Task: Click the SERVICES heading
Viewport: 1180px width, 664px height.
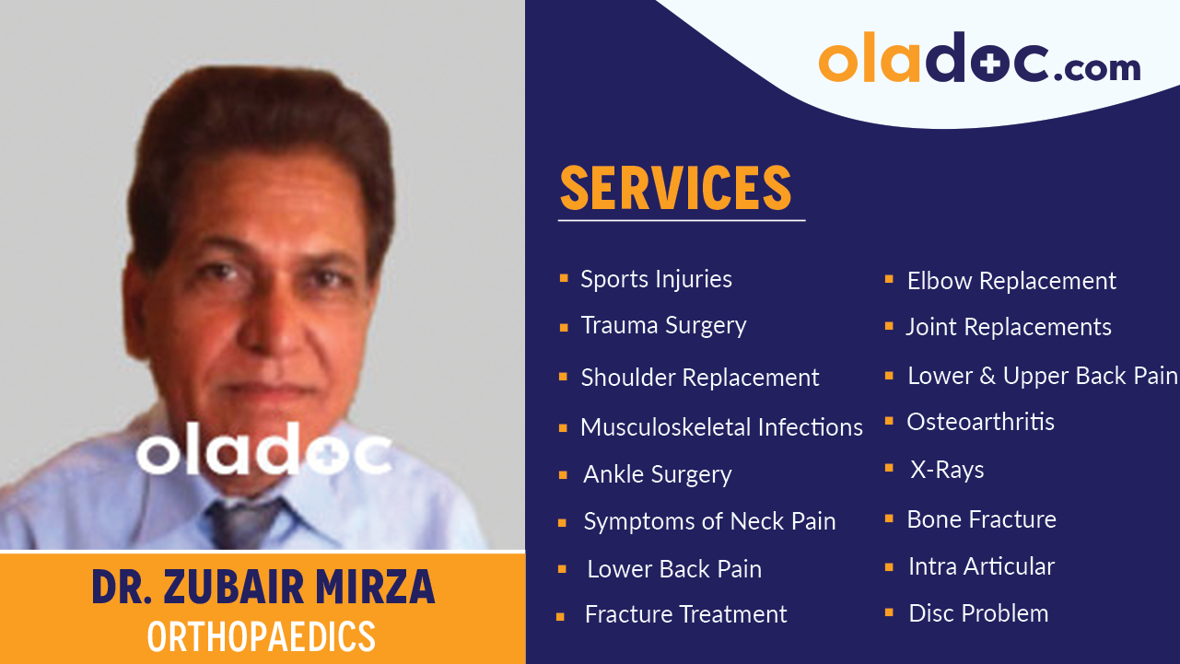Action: (x=675, y=188)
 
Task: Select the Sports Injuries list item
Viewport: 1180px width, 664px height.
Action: (x=656, y=279)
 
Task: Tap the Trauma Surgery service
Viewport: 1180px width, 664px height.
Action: (x=663, y=325)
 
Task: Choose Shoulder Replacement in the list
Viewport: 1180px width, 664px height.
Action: (x=699, y=378)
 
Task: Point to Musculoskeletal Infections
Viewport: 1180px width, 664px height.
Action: (x=721, y=427)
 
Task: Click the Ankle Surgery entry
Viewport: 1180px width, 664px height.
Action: (x=657, y=474)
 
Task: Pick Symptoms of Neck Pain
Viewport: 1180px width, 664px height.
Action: (x=709, y=521)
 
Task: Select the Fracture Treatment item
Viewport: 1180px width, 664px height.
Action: (x=685, y=614)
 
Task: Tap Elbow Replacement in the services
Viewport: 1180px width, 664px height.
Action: (x=1011, y=281)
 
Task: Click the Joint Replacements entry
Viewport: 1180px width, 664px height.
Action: (x=1008, y=327)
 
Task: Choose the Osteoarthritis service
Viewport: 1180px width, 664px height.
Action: (x=980, y=422)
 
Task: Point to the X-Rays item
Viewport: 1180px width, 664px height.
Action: (x=947, y=470)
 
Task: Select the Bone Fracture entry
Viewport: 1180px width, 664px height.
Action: (x=981, y=519)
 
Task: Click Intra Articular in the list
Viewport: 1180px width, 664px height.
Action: (x=981, y=566)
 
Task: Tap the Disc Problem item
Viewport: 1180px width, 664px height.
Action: (x=978, y=613)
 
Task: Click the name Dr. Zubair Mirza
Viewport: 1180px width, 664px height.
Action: (x=263, y=588)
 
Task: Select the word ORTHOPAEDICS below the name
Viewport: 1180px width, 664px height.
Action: (x=262, y=636)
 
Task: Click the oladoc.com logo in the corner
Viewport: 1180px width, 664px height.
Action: (x=978, y=60)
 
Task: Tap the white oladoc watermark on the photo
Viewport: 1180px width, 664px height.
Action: (x=263, y=451)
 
